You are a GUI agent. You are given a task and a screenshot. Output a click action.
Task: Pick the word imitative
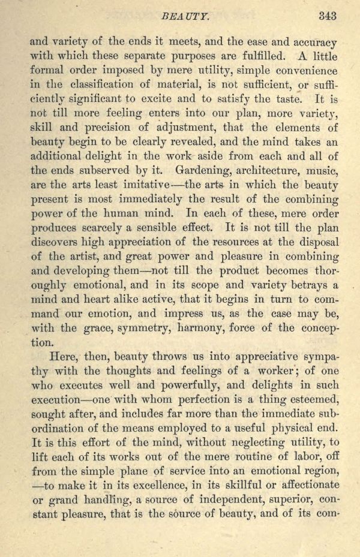click(x=127, y=185)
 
